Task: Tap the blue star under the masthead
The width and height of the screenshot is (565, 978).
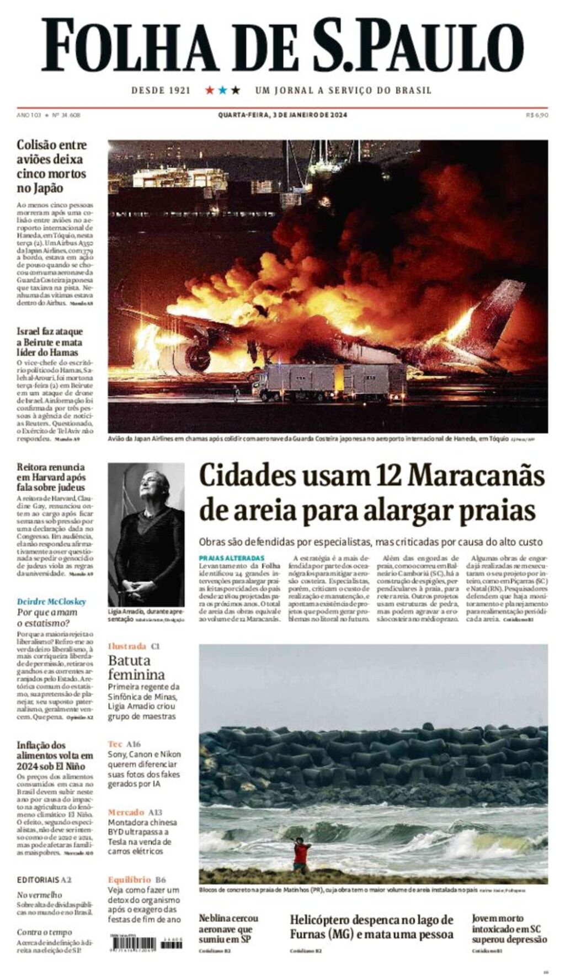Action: coord(222,90)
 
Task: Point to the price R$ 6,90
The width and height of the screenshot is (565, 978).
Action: coord(537,115)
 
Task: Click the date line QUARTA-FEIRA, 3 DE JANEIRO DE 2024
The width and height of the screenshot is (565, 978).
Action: coord(282,115)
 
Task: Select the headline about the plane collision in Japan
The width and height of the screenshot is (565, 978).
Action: coord(52,166)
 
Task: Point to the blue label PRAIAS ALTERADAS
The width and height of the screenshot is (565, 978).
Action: coord(232,558)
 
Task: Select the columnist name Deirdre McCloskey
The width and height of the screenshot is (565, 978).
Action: coord(51,601)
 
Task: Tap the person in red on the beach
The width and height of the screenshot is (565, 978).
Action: coord(301,854)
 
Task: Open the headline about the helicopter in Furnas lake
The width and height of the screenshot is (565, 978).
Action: coord(372,927)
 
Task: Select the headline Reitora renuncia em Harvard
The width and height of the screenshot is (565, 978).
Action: coord(51,477)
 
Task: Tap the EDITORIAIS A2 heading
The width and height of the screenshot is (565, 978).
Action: coord(44,880)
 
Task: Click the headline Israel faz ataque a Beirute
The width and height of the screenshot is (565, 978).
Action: coord(50,341)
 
